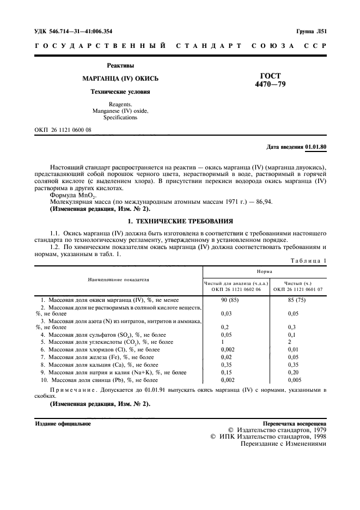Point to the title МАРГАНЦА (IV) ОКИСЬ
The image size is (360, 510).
[x=120, y=78]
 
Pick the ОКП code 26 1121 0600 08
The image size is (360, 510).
[x=63, y=130]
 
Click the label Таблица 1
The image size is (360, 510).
[x=309, y=260]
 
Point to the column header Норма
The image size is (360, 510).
[x=265, y=270]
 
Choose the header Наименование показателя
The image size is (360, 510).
[x=119, y=280]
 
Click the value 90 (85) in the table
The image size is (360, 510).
[x=231, y=300]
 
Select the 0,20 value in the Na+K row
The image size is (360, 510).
[x=295, y=372]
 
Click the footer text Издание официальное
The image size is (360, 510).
[x=63, y=423]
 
